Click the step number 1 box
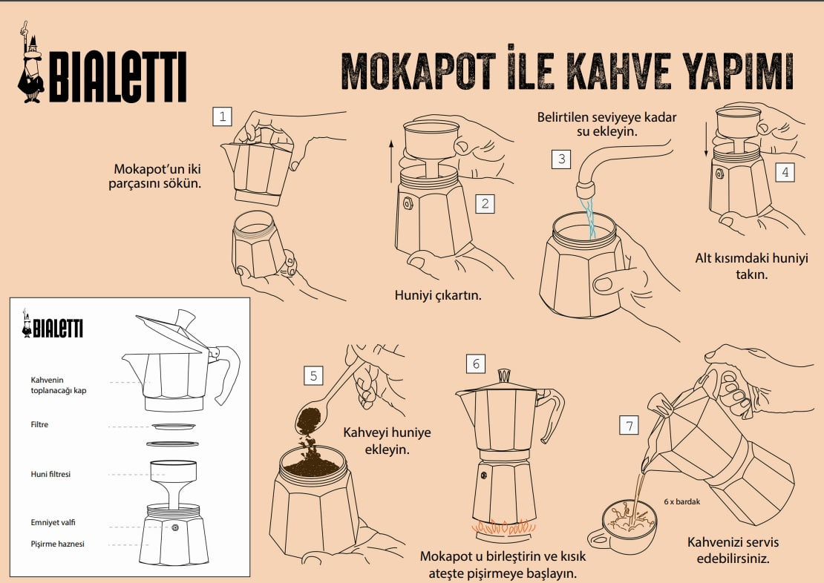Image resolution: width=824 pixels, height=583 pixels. coord(222,116)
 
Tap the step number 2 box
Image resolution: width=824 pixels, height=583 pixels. coord(485,203)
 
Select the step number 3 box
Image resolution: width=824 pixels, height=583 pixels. coord(561,159)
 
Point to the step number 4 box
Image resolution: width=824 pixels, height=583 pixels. coord(785,172)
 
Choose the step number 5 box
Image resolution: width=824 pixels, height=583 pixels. coord(313,375)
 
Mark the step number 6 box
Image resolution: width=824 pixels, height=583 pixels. coord(476,363)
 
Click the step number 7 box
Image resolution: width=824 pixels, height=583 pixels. coord(630,426)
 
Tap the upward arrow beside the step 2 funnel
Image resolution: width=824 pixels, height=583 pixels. coord(391,161)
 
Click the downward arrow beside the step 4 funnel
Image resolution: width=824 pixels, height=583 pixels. coord(706,134)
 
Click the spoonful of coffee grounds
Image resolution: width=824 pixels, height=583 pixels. coord(309,420)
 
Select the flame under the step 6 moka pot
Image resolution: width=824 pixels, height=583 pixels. coord(503,527)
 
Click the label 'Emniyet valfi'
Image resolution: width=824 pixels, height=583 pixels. coord(53,523)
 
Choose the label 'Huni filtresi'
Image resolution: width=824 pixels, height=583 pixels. coord(50,474)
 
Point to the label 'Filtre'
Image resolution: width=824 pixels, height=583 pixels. coord(39,424)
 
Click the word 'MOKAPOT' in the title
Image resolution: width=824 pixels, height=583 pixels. coord(419,71)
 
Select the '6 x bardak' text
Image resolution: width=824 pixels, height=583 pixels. coord(682,501)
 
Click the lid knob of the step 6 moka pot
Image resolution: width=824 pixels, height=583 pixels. coord(505,375)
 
